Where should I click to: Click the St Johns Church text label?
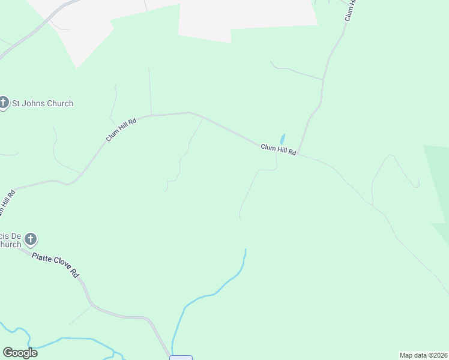(x=43, y=103)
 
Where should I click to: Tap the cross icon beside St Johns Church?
(x=4, y=103)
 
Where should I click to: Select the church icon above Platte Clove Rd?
(x=31, y=240)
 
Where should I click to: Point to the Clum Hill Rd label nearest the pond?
(x=279, y=149)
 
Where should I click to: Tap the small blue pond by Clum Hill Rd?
(x=282, y=139)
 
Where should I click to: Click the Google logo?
(x=20, y=353)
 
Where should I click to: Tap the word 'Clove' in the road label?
(x=61, y=267)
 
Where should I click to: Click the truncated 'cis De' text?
(x=10, y=235)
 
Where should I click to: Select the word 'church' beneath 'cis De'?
(x=10, y=244)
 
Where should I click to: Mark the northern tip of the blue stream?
(x=246, y=250)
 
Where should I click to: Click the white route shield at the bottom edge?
(x=181, y=358)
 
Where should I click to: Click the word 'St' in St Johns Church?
(x=17, y=103)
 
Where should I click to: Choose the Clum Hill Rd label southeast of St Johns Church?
(x=121, y=129)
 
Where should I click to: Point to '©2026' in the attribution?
(x=436, y=355)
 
